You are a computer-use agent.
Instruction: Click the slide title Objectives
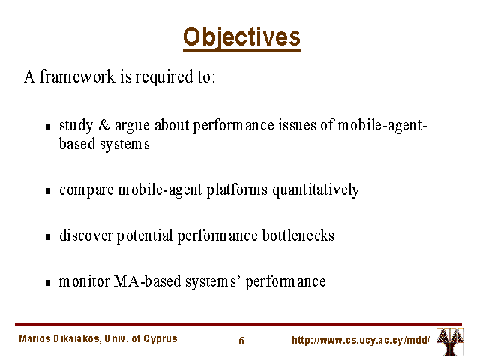click(241, 38)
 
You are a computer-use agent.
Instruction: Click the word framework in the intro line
click(77, 76)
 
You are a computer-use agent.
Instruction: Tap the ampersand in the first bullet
click(104, 125)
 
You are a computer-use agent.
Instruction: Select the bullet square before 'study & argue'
click(48, 127)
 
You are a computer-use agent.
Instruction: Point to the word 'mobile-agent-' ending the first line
click(382, 126)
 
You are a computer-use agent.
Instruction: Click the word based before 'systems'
click(77, 144)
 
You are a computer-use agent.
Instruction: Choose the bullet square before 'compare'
click(48, 191)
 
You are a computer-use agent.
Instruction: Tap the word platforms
click(237, 190)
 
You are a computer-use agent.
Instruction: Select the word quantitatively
click(316, 190)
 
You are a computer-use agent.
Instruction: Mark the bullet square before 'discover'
click(48, 237)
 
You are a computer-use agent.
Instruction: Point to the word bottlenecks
click(298, 235)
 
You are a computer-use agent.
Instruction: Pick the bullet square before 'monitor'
click(48, 282)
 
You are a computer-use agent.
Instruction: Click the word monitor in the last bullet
click(85, 281)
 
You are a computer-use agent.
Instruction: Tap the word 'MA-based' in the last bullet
click(147, 281)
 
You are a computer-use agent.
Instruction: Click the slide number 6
click(241, 340)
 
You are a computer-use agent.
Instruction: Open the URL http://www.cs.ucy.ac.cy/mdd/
click(361, 340)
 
